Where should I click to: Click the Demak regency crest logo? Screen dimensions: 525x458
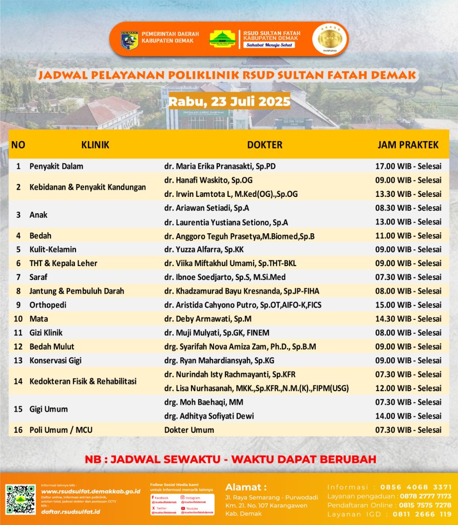tap(129, 39)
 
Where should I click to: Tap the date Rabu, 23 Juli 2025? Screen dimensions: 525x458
tap(230, 100)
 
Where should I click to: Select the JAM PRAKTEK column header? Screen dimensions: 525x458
tap(408, 145)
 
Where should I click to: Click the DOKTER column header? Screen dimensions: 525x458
tap(264, 145)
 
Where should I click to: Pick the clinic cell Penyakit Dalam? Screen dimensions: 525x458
tap(56, 166)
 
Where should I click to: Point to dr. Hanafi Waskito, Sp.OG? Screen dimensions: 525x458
tap(208, 180)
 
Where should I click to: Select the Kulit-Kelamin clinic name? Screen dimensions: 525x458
tap(53, 249)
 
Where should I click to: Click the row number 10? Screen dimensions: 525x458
tap(18, 318)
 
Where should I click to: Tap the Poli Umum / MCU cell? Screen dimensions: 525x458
tap(61, 430)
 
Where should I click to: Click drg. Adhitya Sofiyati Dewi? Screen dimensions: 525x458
tap(209, 416)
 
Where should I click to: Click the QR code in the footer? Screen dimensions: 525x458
tap(21, 499)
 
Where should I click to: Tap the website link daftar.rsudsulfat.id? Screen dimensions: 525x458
tap(70, 512)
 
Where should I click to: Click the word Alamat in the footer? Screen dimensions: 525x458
tap(246, 487)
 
